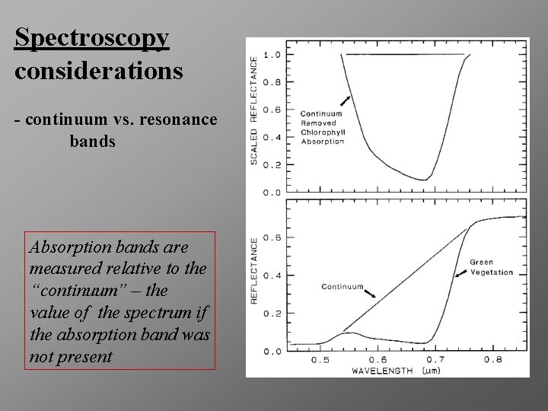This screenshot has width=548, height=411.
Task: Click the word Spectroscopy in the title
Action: pyautogui.click(x=91, y=38)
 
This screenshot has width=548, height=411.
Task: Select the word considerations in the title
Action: pyautogui.click(x=98, y=71)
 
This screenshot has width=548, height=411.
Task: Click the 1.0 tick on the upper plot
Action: pyautogui.click(x=272, y=55)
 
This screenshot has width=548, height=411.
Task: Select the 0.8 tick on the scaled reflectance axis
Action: pyautogui.click(x=272, y=82)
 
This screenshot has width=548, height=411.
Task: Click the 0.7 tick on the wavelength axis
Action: pyautogui.click(x=435, y=359)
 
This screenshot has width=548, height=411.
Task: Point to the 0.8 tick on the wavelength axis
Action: pyautogui.click(x=493, y=359)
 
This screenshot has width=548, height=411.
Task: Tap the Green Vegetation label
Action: pyautogui.click(x=491, y=267)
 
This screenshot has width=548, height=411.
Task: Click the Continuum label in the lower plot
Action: pyautogui.click(x=342, y=287)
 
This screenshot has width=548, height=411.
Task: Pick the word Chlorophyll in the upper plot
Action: pyautogui.click(x=322, y=132)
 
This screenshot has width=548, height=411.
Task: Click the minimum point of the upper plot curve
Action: pyautogui.click(x=425, y=180)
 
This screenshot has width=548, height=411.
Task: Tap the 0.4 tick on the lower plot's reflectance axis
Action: pyautogui.click(x=272, y=276)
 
